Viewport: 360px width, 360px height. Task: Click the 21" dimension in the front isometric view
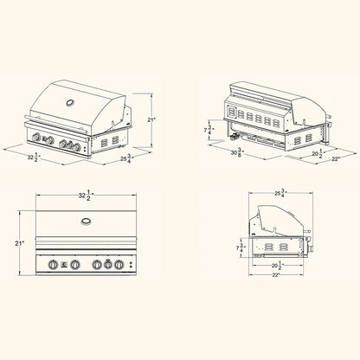(151, 119)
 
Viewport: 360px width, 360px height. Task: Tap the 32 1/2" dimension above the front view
(85, 196)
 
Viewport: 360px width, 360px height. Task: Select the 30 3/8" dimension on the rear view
(237, 152)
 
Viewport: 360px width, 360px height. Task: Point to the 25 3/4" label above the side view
(280, 193)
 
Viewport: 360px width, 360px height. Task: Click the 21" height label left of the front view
(19, 243)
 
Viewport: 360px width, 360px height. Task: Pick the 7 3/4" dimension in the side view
(241, 248)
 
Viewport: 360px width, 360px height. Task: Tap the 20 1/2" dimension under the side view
(276, 265)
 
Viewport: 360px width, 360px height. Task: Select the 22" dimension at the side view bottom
(276, 275)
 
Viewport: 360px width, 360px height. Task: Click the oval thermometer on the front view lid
(86, 222)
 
